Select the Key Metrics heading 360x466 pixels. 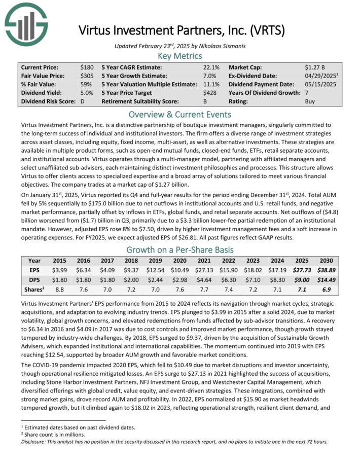pyautogui.click(x=179, y=56)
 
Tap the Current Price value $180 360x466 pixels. pyautogui.click(x=87, y=67)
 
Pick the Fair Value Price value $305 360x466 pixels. pyautogui.click(x=87, y=76)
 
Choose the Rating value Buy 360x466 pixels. pyautogui.click(x=310, y=101)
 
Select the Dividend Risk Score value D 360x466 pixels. pyautogui.click(x=82, y=101)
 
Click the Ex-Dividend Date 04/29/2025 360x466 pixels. pyautogui.click(x=322, y=76)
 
